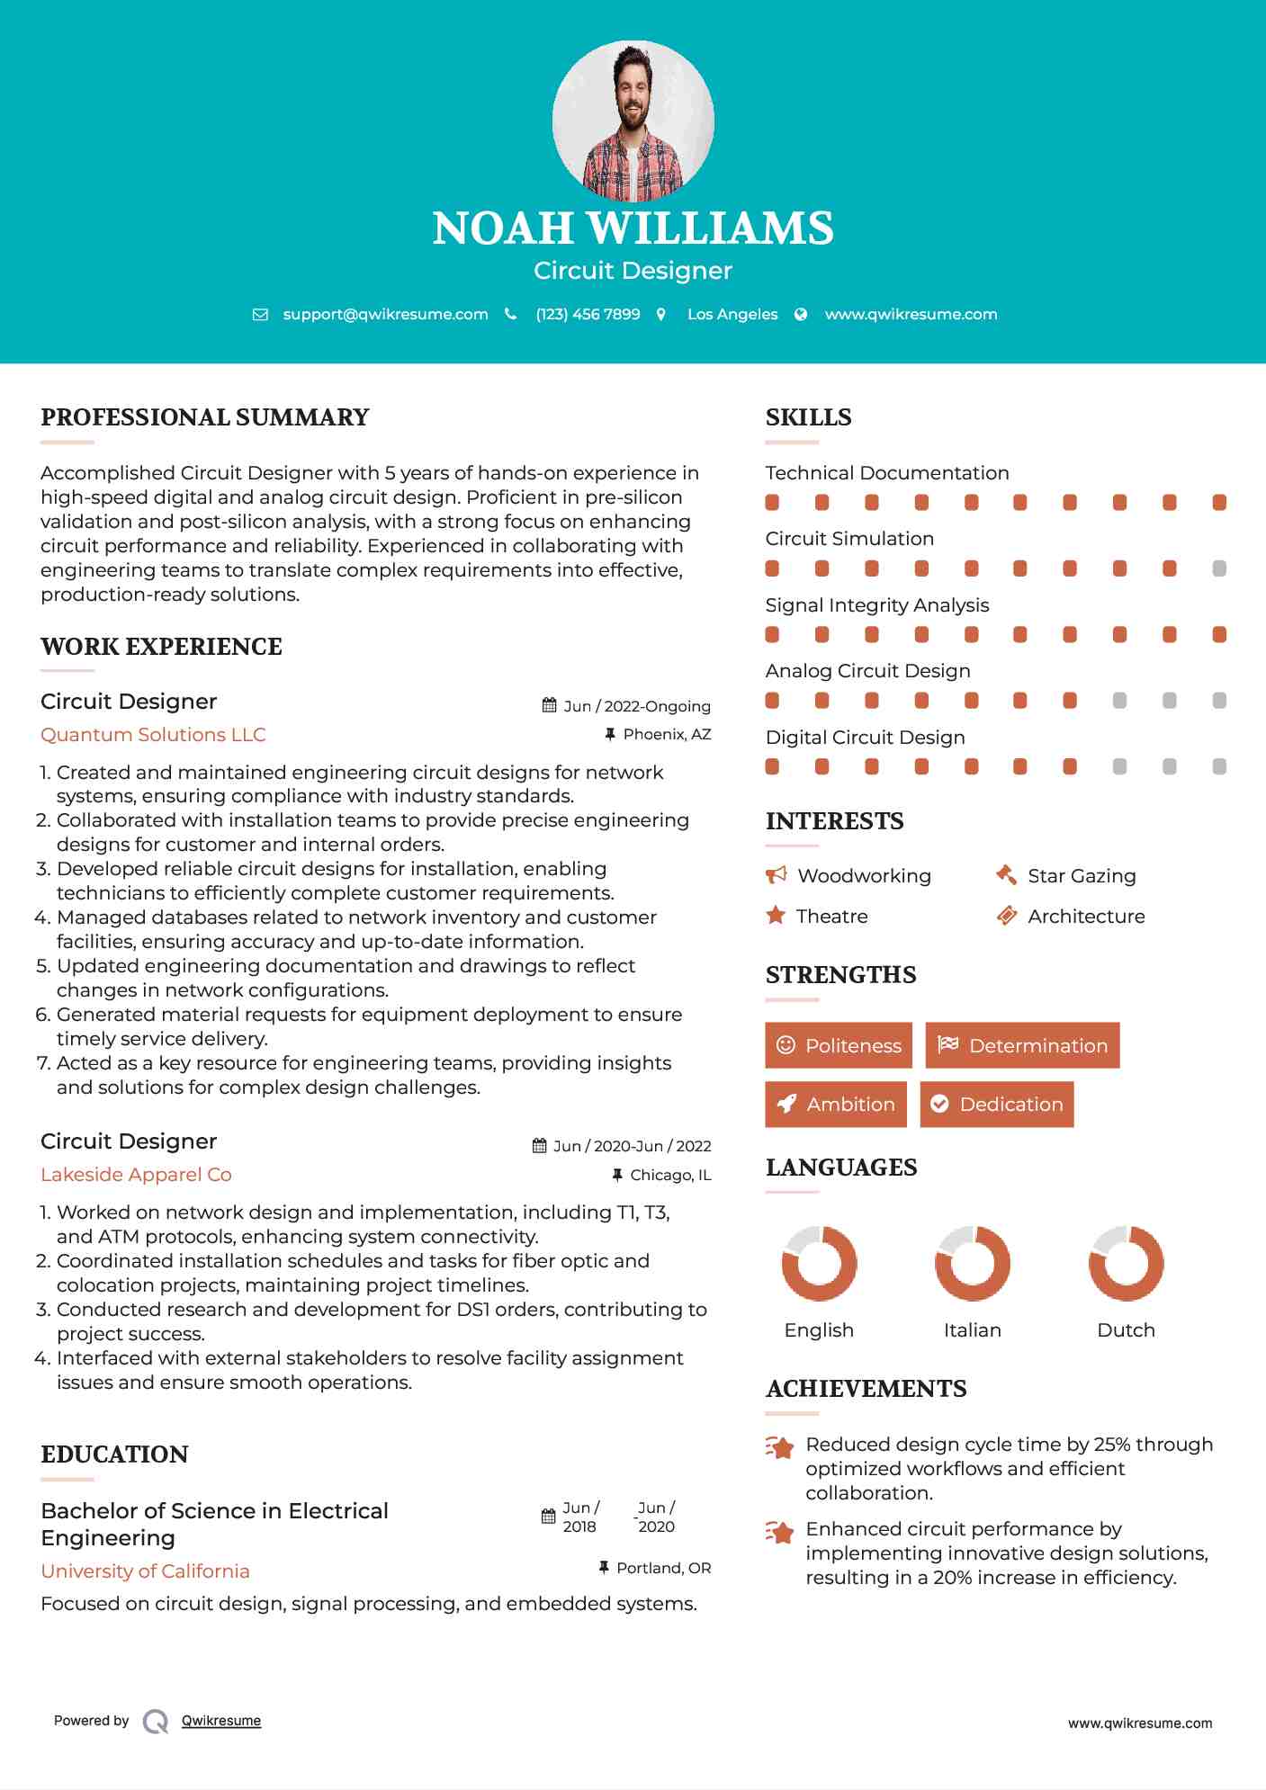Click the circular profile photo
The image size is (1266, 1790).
click(633, 121)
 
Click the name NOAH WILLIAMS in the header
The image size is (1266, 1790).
click(633, 228)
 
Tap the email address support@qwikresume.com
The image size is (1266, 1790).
click(385, 314)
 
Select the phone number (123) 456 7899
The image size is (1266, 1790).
click(588, 314)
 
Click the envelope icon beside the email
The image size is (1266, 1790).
click(260, 315)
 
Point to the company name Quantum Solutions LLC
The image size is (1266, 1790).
click(153, 735)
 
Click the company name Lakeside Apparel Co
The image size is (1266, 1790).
click(136, 1175)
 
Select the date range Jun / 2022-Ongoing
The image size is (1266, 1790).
click(636, 706)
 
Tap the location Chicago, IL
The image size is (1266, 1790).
click(670, 1175)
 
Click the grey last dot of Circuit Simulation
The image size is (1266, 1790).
click(1219, 568)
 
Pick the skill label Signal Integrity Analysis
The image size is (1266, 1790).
click(876, 605)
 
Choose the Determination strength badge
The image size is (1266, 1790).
click(1022, 1045)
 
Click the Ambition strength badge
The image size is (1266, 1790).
click(836, 1105)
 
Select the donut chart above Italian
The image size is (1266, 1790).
click(972, 1263)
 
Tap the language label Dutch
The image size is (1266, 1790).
click(1126, 1330)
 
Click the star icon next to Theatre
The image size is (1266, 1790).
click(776, 916)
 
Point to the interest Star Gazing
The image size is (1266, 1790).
click(1082, 876)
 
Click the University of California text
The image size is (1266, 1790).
click(145, 1571)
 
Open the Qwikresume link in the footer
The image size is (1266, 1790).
click(221, 1721)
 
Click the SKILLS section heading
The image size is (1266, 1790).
click(808, 417)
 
